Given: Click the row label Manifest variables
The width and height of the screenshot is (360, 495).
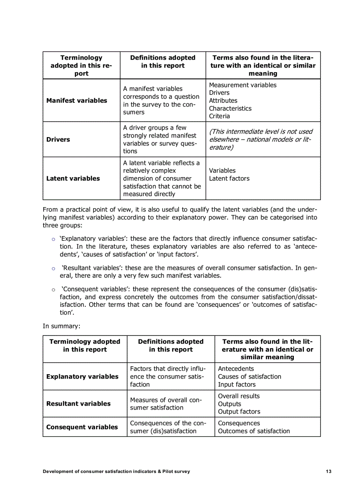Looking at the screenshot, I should click(77, 100).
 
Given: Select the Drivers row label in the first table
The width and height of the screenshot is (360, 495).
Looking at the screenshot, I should click(58, 139).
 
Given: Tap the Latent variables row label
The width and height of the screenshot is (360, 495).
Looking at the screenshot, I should click(73, 179).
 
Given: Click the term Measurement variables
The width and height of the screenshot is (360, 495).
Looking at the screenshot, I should click(243, 85).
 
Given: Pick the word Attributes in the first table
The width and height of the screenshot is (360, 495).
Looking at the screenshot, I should click(223, 100).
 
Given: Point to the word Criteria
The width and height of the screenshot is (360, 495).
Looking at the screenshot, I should click(219, 116).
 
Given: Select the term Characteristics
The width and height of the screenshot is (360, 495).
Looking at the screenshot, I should click(230, 108).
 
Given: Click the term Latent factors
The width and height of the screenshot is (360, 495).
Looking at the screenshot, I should click(229, 179).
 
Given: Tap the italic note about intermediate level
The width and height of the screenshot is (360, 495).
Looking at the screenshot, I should click(261, 139).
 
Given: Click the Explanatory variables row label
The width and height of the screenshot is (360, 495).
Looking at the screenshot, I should click(82, 376).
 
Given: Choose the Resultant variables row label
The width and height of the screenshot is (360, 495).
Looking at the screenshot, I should click(79, 404).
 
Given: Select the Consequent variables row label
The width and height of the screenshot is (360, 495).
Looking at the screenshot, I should click(82, 427).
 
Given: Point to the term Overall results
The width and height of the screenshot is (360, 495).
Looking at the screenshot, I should click(239, 396).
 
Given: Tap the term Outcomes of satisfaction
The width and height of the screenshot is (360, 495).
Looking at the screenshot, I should click(254, 431).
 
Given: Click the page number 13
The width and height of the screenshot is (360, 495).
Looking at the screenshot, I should click(329, 471).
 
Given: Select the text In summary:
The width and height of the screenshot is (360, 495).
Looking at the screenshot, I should click(60, 326).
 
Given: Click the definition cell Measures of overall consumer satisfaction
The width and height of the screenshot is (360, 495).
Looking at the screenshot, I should click(166, 404).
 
